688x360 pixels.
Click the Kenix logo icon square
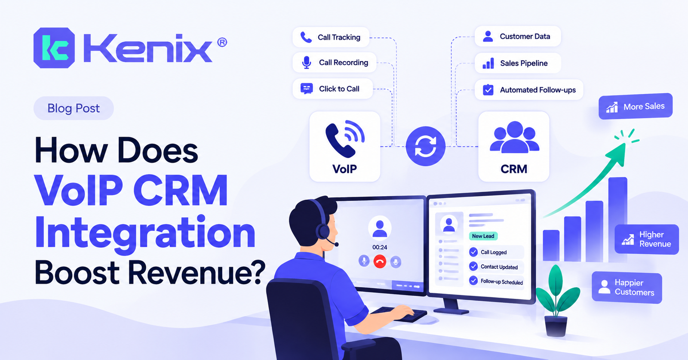pos(54,48)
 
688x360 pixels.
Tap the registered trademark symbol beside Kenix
pos(222,42)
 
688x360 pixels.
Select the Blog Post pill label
pos(74,108)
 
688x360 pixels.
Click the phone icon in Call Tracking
pos(306,37)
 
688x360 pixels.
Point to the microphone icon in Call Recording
pos(306,62)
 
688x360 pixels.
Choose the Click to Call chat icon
pos(307,89)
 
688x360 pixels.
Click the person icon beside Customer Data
pos(488,36)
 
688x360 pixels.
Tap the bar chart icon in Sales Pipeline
pos(488,63)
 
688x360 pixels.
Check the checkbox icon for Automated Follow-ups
pos(488,90)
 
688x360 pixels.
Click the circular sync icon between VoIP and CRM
pos(425,146)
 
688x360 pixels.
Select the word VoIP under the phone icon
pos(344,169)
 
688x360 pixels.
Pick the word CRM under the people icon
pos(514,169)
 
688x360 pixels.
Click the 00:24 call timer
pos(380,247)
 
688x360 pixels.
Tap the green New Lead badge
pos(483,236)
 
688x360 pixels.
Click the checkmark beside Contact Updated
pos(473,266)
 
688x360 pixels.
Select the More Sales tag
pos(636,106)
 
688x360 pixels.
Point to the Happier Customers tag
pos(627,287)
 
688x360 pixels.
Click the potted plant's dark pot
pos(556,326)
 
